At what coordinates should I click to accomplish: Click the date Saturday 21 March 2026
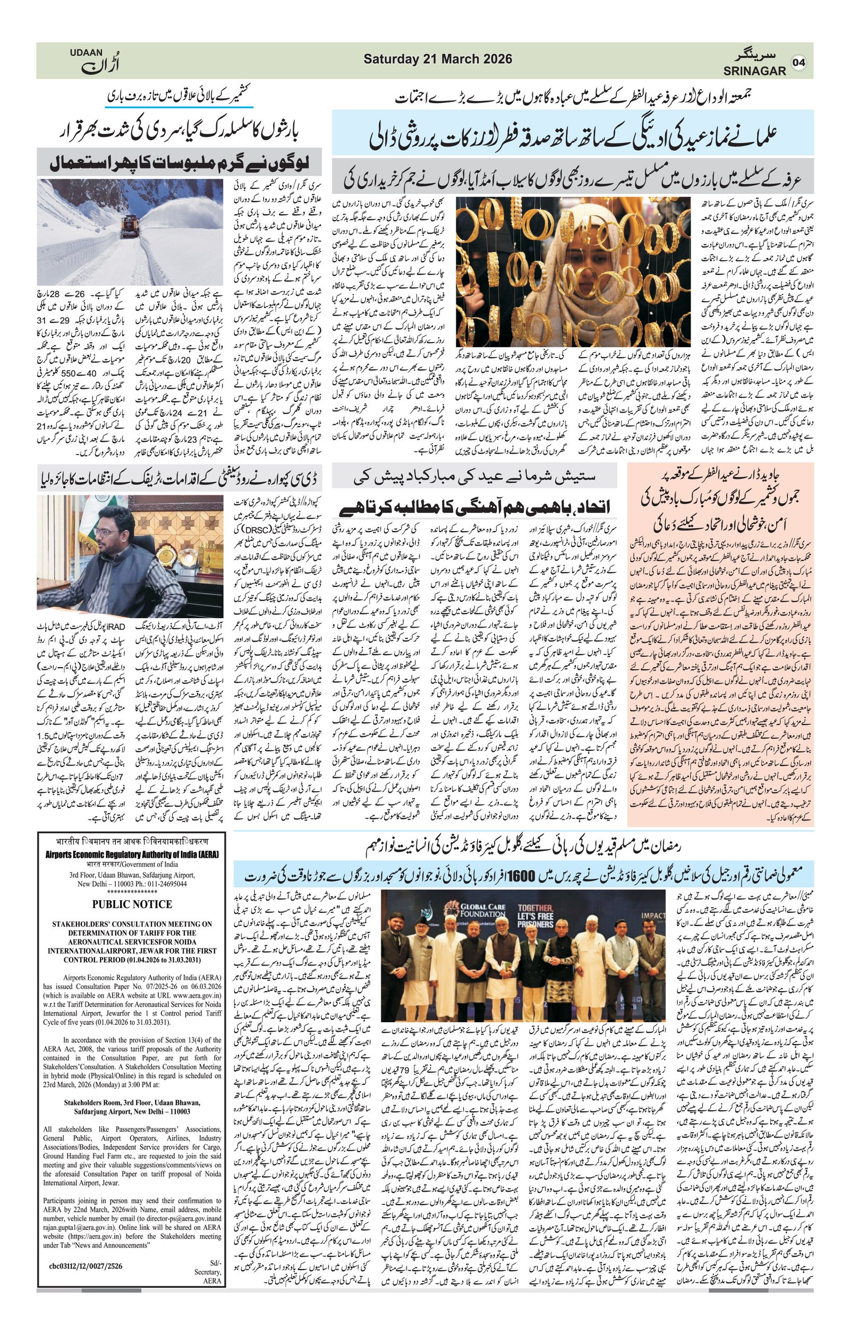pos(437,59)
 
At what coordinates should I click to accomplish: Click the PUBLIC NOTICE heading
pos(132,904)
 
